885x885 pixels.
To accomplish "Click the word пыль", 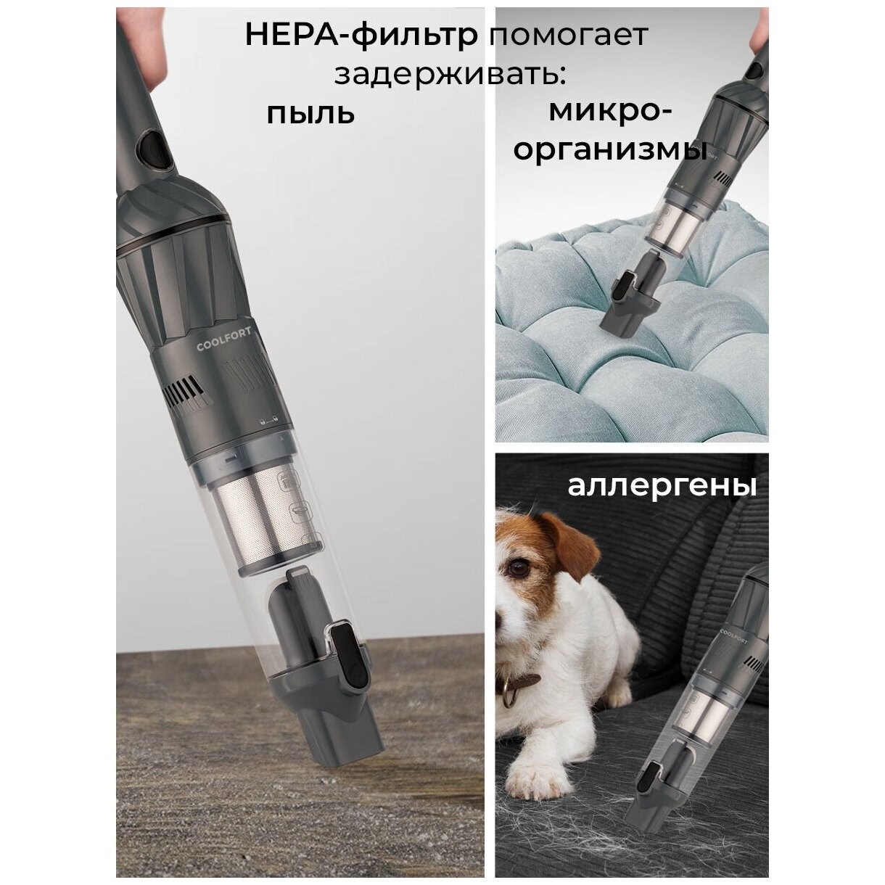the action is point(310,113).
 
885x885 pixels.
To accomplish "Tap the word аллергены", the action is point(662,486).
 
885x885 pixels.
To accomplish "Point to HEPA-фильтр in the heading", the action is point(361,35).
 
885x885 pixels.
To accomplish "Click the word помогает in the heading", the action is point(568,36).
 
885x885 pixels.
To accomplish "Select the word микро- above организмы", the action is point(610,112).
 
